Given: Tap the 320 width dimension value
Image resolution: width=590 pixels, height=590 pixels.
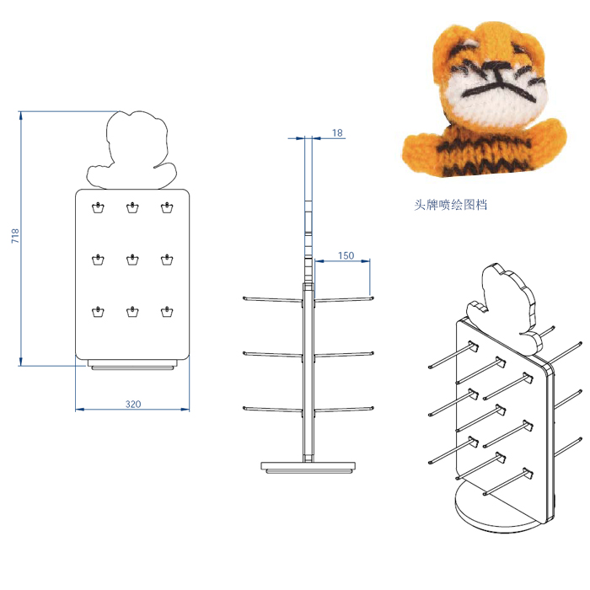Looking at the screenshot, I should (x=132, y=405).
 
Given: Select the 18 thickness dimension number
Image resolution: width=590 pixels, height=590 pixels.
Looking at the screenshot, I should (x=337, y=133).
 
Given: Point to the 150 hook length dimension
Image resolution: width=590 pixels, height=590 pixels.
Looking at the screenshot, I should (x=346, y=255).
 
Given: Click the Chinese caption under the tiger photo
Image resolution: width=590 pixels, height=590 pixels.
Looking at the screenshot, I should (x=450, y=205).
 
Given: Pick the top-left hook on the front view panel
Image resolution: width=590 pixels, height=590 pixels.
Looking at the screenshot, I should (x=98, y=207).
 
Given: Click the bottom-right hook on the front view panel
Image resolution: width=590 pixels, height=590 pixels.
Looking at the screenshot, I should (x=167, y=314).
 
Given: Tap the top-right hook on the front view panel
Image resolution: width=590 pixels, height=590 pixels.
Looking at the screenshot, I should (x=167, y=207).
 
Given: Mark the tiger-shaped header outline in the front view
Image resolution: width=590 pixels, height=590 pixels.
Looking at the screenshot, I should (x=133, y=152).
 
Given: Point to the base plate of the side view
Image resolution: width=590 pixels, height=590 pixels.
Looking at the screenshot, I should (x=308, y=466).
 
